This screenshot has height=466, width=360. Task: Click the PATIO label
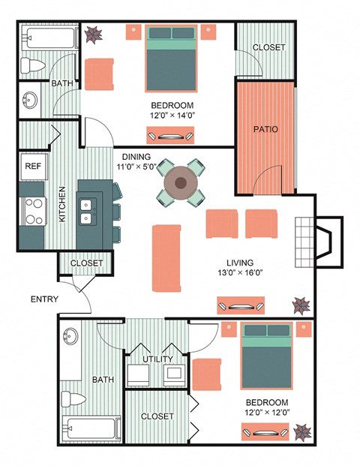[x=265, y=129]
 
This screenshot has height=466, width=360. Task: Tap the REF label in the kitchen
[x=33, y=167]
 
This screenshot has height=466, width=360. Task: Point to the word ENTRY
[x=44, y=299]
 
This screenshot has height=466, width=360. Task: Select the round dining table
[x=181, y=182]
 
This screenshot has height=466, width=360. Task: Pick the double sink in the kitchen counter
[x=88, y=211]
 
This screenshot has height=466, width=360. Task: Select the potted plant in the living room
[x=301, y=305]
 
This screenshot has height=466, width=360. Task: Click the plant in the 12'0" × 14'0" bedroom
[x=95, y=35]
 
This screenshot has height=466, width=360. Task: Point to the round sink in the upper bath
[x=31, y=101]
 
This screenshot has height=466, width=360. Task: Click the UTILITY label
[x=157, y=359]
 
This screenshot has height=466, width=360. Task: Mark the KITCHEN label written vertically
[x=63, y=204]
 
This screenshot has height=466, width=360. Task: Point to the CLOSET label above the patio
[x=268, y=47]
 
